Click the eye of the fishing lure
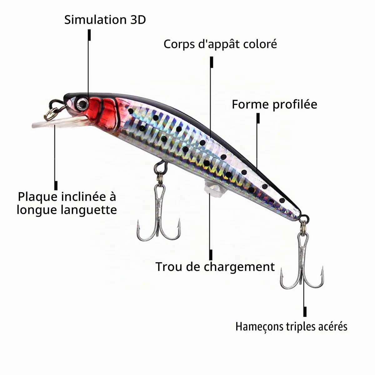point(82,103)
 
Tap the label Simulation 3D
point(105,20)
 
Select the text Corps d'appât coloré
point(220,44)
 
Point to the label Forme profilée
point(274,104)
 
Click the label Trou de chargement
point(215,267)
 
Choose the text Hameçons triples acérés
point(291,327)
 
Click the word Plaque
point(39,197)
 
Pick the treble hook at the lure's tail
point(302,259)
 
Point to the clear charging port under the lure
point(212,188)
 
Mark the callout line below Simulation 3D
point(89,64)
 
